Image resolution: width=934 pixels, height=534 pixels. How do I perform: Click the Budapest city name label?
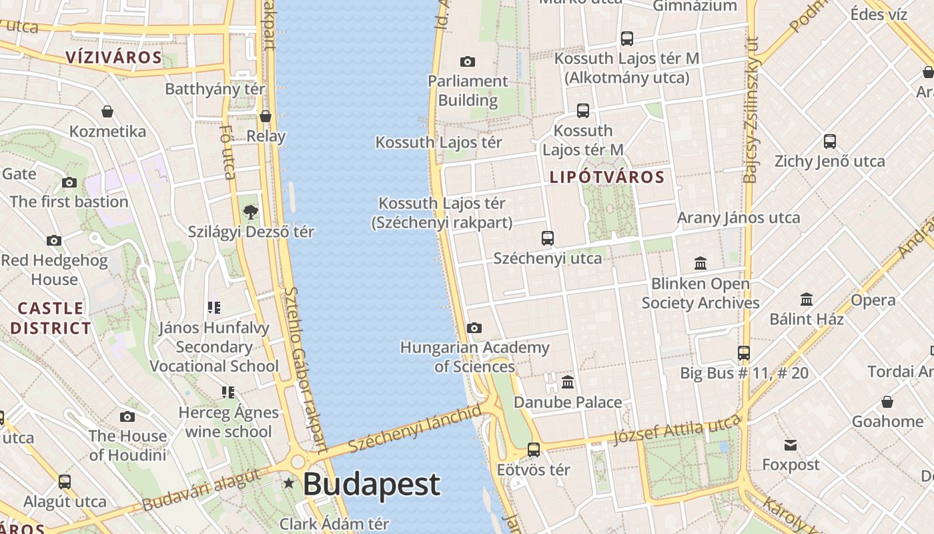[372, 485]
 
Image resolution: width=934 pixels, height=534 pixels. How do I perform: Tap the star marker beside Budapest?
[288, 483]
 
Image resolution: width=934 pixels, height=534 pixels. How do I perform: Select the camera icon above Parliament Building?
[468, 62]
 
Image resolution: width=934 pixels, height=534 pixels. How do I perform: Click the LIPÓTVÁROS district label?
[607, 177]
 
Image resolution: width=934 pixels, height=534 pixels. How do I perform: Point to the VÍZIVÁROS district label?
[114, 57]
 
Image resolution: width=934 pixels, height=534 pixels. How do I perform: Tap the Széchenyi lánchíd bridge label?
[414, 429]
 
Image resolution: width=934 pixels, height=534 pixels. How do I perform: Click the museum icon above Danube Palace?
[568, 382]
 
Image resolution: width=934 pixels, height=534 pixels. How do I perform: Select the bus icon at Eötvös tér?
[534, 450]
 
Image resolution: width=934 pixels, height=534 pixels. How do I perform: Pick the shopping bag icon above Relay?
[266, 116]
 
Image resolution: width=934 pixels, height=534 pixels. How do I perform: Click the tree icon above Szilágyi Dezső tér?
[250, 212]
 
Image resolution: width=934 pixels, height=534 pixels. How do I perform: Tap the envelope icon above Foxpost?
[791, 445]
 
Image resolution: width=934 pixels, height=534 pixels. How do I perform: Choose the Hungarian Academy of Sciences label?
[475, 357]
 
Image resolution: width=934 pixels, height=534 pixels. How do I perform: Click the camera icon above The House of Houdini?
[127, 417]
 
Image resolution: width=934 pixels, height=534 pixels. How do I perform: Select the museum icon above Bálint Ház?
[807, 299]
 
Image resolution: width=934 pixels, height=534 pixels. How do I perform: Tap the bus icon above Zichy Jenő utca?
[830, 142]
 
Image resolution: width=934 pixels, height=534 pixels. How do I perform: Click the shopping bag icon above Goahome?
[887, 402]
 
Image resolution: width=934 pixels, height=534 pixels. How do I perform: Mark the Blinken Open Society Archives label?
[700, 293]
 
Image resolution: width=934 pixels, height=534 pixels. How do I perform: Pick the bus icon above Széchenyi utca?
[548, 238]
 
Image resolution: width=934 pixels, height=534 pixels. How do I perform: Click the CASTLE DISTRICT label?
[51, 318]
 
